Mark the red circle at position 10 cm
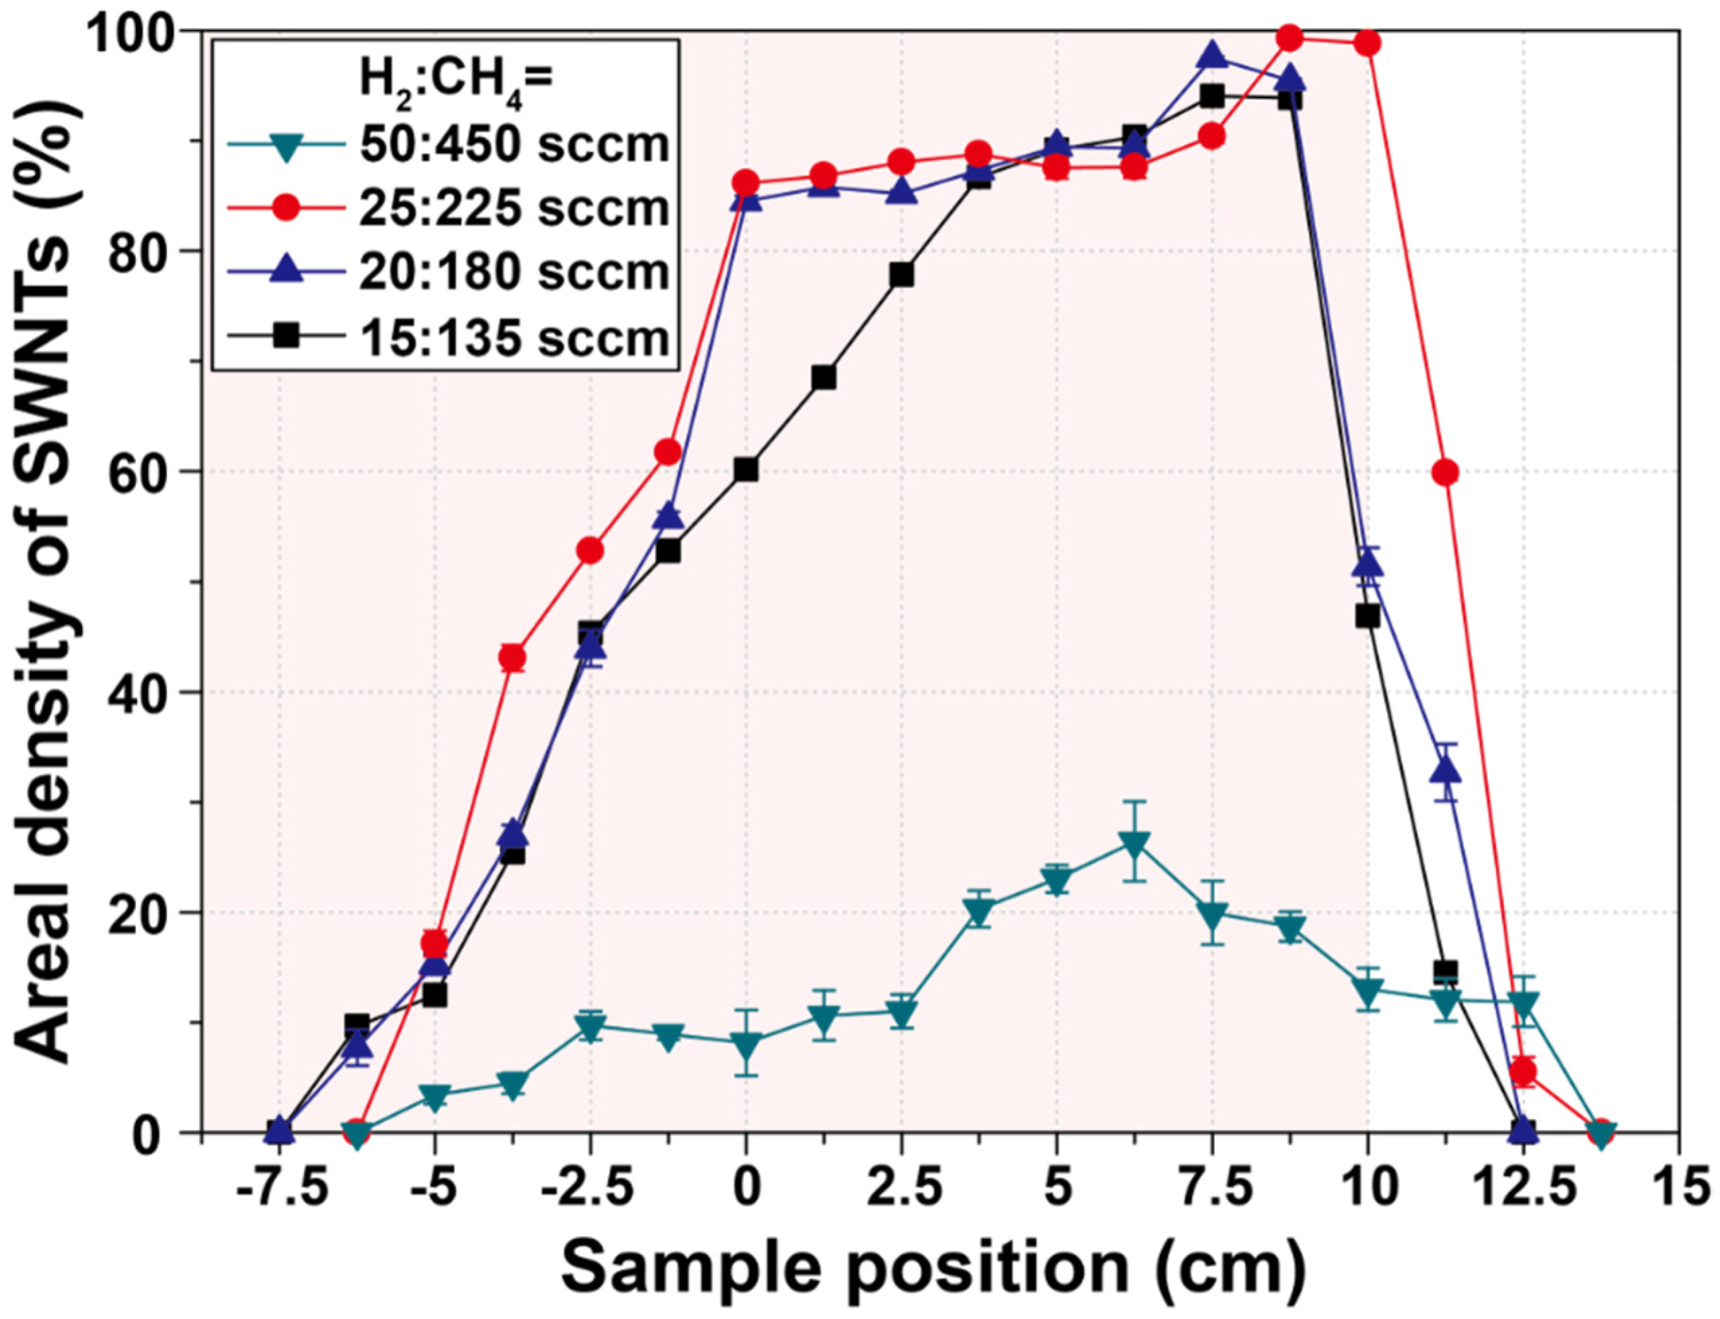1368,43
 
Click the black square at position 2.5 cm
902,275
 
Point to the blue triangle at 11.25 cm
1445,771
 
